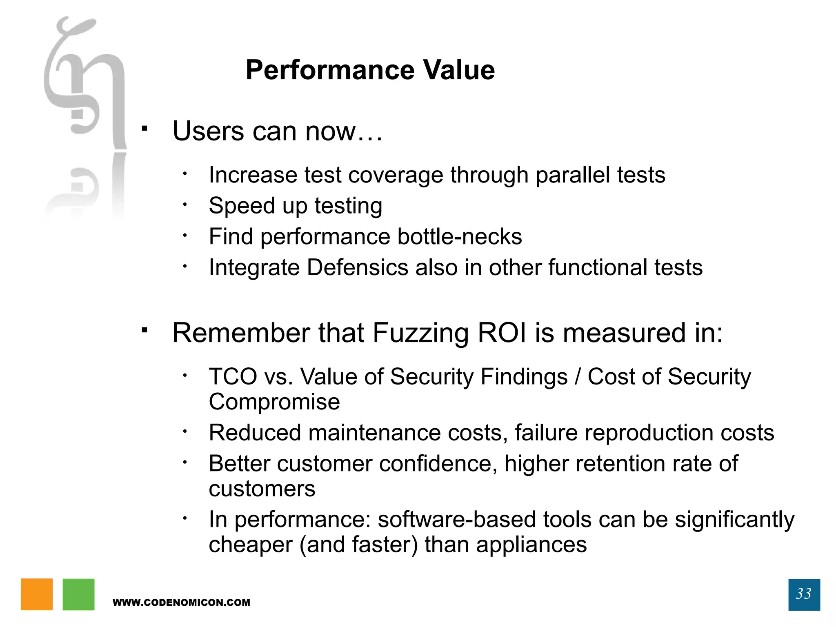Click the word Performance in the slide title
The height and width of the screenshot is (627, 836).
330,70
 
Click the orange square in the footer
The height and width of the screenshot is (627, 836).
37,594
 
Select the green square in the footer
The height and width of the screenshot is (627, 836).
78,594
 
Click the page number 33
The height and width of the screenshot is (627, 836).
804,594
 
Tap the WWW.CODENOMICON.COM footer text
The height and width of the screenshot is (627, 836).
181,603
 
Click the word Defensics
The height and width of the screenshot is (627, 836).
357,267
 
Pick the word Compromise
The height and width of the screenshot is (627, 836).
274,402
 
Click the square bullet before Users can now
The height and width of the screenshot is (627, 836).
144,129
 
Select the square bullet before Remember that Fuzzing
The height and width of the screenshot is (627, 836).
144,329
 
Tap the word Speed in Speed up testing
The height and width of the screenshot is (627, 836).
241,206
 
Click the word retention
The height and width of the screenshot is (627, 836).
620,464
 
